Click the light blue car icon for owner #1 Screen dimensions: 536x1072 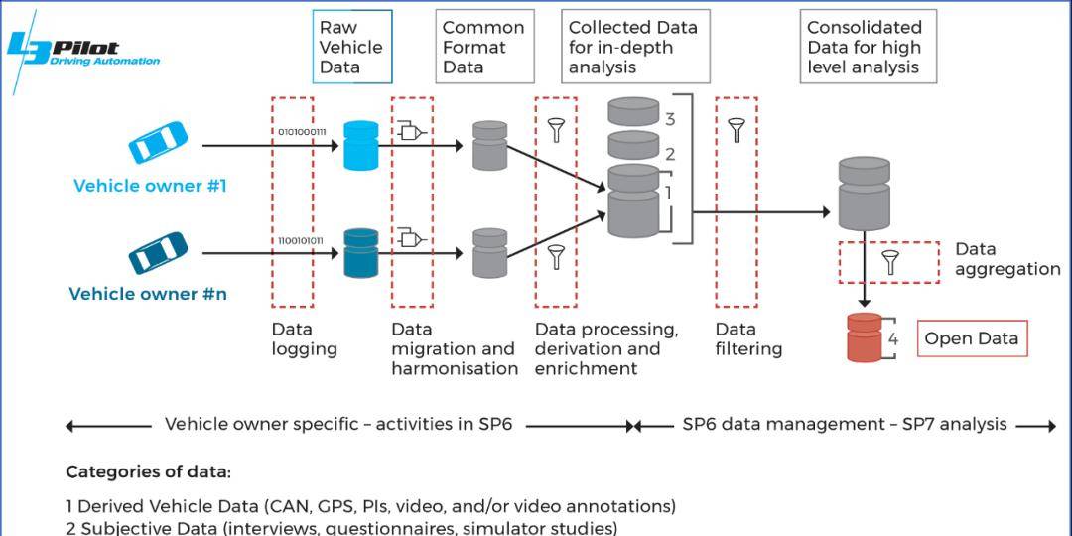point(158,143)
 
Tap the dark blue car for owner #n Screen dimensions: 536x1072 point(157,253)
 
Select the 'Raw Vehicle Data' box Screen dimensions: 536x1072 point(351,47)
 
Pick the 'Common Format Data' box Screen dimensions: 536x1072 point(483,47)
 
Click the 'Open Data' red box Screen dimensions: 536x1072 point(971,338)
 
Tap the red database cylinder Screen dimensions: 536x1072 point(864,337)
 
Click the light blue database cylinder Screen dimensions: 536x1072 point(361,145)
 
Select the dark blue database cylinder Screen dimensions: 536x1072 point(361,253)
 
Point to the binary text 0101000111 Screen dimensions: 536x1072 point(302,131)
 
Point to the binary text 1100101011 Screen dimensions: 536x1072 point(302,240)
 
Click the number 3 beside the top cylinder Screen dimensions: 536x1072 point(670,119)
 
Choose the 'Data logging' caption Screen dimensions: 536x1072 point(304,338)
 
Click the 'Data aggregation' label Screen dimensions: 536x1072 point(1006,259)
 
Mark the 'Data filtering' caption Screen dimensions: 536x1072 point(748,338)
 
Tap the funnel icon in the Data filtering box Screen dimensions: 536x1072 point(736,130)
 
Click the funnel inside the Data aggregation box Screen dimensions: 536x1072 point(889,263)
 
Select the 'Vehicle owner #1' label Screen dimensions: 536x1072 point(150,186)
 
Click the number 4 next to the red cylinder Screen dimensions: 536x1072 point(892,338)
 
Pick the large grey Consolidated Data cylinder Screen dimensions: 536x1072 point(864,194)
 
